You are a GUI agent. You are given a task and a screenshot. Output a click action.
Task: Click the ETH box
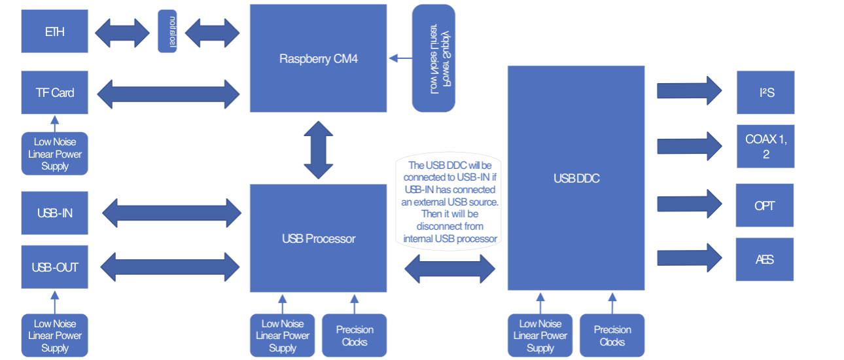(x=54, y=31)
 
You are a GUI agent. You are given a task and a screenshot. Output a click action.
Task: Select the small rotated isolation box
(x=167, y=31)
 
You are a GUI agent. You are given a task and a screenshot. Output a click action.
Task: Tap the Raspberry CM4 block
(x=319, y=58)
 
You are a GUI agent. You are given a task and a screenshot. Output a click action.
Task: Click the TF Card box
(x=54, y=92)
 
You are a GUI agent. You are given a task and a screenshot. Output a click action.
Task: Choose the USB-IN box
(x=54, y=213)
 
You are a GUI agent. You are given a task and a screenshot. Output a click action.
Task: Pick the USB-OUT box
(x=54, y=267)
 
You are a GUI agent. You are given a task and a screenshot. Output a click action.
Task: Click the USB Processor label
(x=319, y=239)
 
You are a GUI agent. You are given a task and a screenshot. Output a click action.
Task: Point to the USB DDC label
(x=576, y=178)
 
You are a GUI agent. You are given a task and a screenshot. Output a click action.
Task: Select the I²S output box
(x=765, y=92)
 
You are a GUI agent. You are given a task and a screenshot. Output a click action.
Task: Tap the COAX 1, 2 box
(x=765, y=146)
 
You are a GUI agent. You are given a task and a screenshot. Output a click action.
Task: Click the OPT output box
(x=765, y=206)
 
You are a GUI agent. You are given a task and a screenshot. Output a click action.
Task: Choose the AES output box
(x=765, y=260)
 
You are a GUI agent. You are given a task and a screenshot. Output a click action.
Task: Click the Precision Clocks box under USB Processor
(x=355, y=336)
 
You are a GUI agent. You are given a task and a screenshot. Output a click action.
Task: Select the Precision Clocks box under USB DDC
(x=612, y=336)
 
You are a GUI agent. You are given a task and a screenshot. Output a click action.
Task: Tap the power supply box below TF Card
(x=54, y=154)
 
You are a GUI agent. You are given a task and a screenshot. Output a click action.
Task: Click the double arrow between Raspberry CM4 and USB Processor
(x=319, y=150)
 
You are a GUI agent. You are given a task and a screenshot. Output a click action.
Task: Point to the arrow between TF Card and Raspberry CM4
(x=169, y=93)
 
